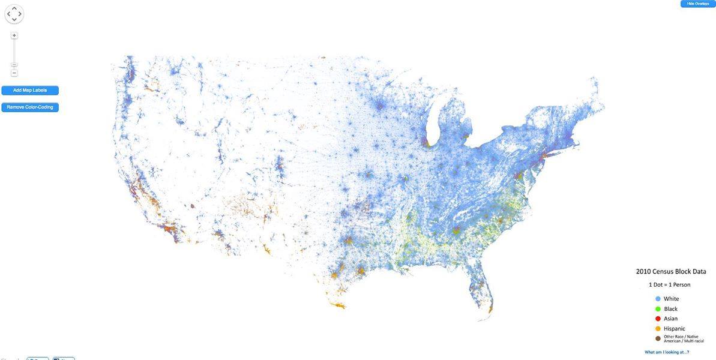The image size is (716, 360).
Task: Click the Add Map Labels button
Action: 30,91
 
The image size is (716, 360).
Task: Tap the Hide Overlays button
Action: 697,4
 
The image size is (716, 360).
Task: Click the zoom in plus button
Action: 14,35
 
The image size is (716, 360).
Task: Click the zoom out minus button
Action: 14,73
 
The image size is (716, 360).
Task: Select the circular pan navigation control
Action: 14,14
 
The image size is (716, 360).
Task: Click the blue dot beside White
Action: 658,299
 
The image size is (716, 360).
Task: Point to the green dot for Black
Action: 658,309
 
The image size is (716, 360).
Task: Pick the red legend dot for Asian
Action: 658,319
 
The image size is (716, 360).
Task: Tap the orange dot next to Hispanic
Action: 658,329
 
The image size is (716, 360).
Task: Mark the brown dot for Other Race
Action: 658,338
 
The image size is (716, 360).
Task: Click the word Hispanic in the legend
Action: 675,329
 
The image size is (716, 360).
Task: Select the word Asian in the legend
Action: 671,319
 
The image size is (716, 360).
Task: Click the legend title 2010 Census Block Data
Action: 671,272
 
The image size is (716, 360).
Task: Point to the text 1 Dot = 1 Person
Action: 669,284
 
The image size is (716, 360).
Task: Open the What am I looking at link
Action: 667,352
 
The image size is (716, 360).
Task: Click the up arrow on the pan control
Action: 14,8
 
